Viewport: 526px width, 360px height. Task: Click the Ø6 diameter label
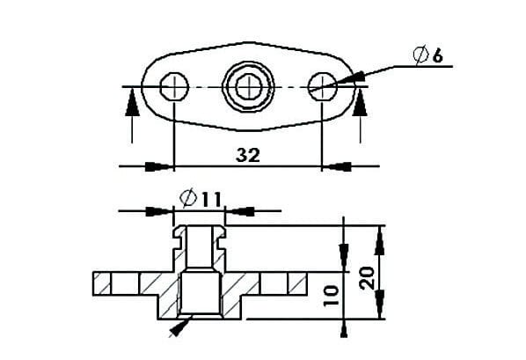click(x=428, y=56)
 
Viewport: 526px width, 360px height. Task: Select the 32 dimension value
click(x=248, y=155)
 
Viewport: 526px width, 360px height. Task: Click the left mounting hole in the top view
click(x=175, y=86)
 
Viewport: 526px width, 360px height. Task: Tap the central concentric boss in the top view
click(x=248, y=86)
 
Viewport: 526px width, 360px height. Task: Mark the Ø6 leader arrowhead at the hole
click(x=345, y=81)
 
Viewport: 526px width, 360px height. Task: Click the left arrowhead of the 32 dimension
click(x=158, y=165)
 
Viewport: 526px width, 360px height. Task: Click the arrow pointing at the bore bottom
click(x=178, y=327)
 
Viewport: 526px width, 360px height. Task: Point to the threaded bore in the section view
click(x=200, y=295)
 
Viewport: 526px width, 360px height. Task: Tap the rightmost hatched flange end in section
click(x=295, y=284)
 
